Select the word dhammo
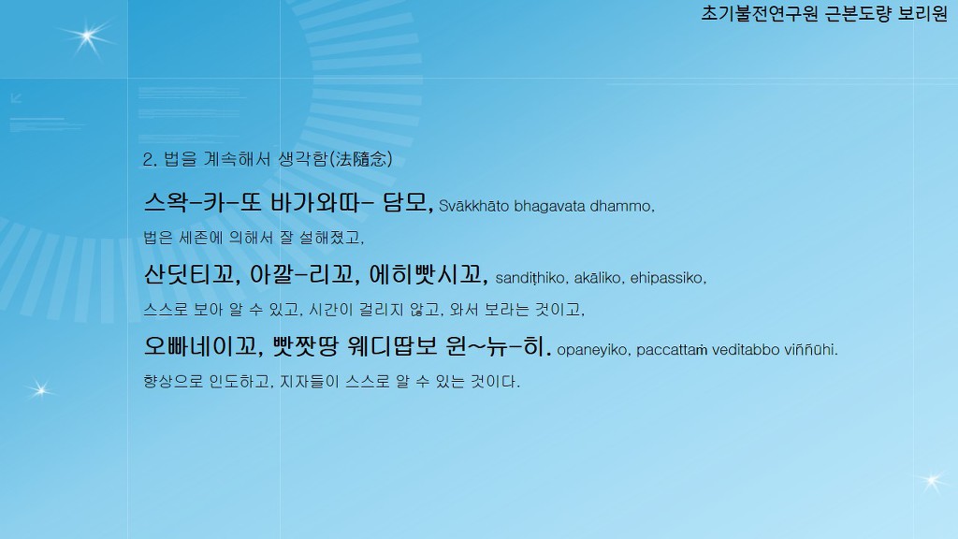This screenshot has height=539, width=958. [x=622, y=206]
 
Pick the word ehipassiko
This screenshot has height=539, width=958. [x=668, y=278]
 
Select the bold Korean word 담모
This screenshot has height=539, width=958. [x=407, y=202]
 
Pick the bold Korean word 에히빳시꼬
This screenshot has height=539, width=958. [x=427, y=274]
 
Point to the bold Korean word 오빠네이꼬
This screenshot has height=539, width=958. [x=202, y=346]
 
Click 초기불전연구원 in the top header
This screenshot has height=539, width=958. [x=760, y=13]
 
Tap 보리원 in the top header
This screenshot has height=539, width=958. [x=922, y=13]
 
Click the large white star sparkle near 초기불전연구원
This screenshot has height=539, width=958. [x=87, y=37]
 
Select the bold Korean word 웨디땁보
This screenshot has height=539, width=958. [x=392, y=346]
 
